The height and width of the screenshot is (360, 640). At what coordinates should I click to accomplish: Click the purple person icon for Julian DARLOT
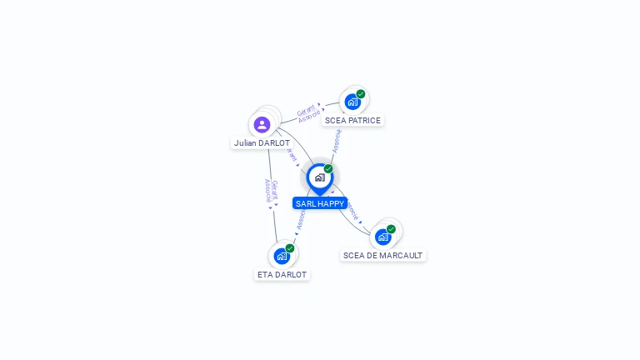pyautogui.click(x=262, y=125)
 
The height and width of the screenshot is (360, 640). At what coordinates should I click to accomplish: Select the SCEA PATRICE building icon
pyautogui.click(x=352, y=102)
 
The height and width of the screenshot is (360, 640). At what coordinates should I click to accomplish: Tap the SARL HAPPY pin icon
pyautogui.click(x=319, y=177)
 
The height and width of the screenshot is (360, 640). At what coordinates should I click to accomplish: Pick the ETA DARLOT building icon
pyautogui.click(x=282, y=256)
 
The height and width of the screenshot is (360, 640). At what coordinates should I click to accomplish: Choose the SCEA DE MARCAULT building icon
pyautogui.click(x=382, y=237)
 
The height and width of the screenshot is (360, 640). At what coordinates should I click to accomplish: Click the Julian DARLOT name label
pyautogui.click(x=262, y=143)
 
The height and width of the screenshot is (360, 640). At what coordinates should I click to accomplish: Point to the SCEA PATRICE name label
pyautogui.click(x=352, y=121)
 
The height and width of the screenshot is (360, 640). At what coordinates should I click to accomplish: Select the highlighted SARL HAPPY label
pyautogui.click(x=320, y=203)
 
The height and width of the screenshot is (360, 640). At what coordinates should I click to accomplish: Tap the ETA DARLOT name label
pyautogui.click(x=282, y=274)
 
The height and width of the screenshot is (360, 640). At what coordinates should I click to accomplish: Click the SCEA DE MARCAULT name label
pyautogui.click(x=382, y=256)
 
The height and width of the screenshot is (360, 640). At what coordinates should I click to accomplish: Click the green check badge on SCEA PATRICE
pyautogui.click(x=361, y=94)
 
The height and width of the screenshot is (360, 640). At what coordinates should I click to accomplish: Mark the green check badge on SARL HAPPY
pyautogui.click(x=328, y=169)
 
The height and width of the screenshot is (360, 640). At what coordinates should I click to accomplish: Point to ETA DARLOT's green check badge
pyautogui.click(x=290, y=248)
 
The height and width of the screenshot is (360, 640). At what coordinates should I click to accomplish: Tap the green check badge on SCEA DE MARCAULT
pyautogui.click(x=391, y=229)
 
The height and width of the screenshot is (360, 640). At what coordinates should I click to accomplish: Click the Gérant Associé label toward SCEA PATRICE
pyautogui.click(x=308, y=112)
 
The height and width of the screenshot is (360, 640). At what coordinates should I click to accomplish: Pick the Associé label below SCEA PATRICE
pyautogui.click(x=337, y=141)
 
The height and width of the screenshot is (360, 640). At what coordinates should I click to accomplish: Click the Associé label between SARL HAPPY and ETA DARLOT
pyautogui.click(x=301, y=218)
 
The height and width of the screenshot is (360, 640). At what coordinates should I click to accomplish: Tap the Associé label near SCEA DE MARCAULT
pyautogui.click(x=352, y=209)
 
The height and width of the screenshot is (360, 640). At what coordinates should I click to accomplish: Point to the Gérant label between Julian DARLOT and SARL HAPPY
pyautogui.click(x=292, y=156)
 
